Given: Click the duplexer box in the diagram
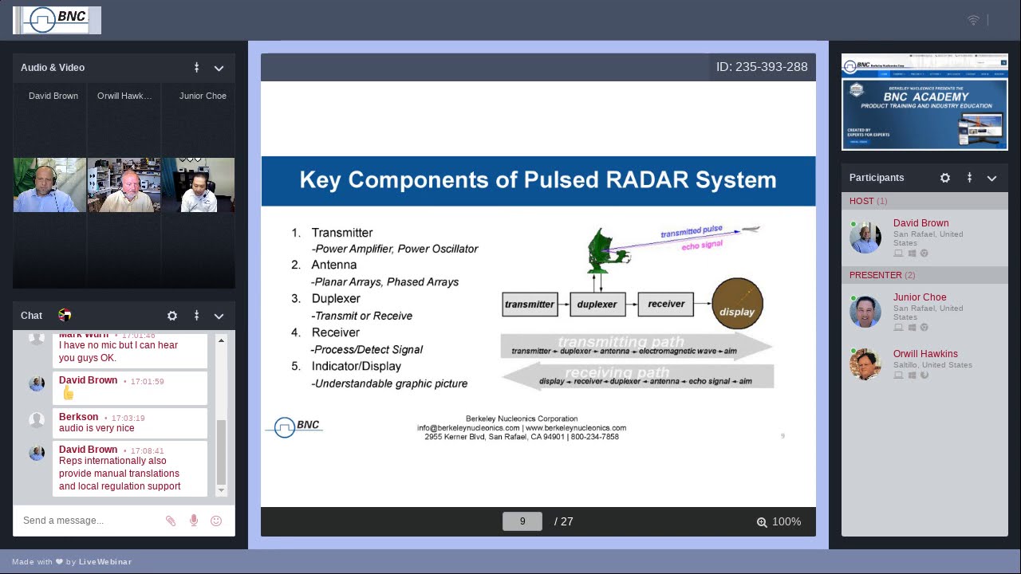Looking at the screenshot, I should [597, 304].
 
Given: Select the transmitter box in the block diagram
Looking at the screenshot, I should [530, 304].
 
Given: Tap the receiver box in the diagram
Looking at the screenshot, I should [666, 304].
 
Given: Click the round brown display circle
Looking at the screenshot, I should [737, 304].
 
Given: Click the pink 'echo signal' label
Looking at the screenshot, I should [702, 245].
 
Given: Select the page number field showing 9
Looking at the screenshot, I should [522, 521].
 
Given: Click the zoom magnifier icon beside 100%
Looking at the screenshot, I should [762, 522].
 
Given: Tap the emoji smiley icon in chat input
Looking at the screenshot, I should [216, 521].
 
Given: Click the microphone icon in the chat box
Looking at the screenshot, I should [194, 521].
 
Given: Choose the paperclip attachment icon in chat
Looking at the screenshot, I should [171, 521].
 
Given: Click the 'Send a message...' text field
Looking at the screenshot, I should [88, 521].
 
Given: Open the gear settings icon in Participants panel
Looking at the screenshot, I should [945, 178].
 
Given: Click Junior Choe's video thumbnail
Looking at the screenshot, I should [198, 185].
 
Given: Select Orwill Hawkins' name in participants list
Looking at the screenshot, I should [925, 354].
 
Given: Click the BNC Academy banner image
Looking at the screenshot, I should [924, 102].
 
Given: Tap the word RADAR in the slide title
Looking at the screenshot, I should [647, 180].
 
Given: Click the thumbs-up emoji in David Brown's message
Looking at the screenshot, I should [68, 393].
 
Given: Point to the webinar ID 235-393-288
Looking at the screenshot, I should [762, 67].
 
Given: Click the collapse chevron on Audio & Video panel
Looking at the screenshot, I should [219, 68].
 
